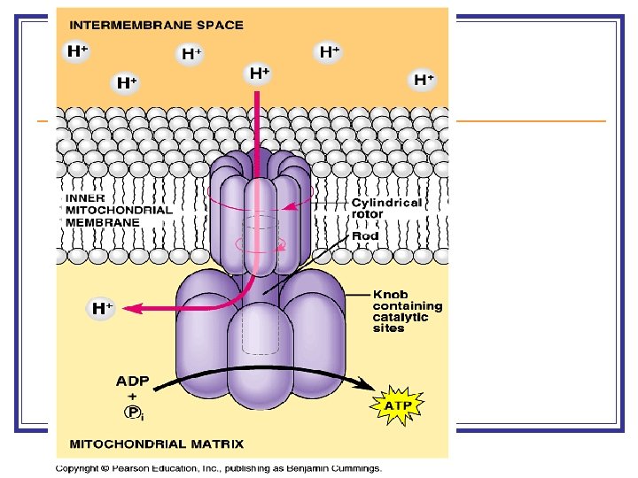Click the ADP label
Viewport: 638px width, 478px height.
tap(133, 382)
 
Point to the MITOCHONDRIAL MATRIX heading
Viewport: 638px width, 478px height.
tap(156, 443)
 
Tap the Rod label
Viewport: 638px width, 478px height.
tap(365, 236)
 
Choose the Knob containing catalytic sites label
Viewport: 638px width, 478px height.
tap(407, 311)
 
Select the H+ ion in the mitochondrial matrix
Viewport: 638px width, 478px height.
tap(103, 308)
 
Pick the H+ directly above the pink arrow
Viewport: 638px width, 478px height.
tap(259, 73)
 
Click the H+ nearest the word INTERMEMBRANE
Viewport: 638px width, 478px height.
tap(78, 51)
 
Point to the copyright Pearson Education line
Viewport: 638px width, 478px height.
tap(218, 467)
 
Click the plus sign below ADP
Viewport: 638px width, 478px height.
tap(133, 397)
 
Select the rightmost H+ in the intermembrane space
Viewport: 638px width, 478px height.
tap(424, 80)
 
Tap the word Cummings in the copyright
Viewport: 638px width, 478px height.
tap(354, 467)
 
